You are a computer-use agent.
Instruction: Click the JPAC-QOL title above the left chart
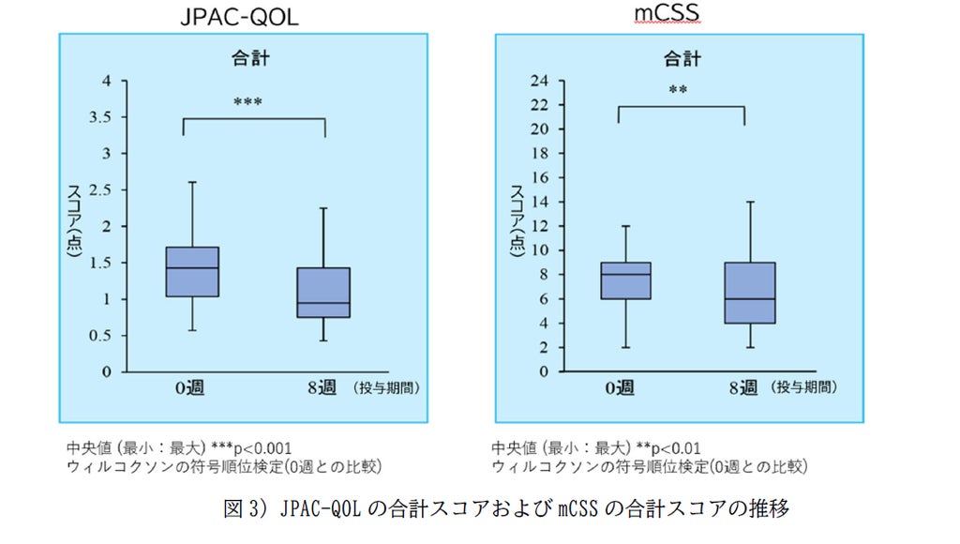pos(239,16)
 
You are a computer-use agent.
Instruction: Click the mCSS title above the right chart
pos(667,12)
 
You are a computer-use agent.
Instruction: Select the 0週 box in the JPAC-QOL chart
pos(192,272)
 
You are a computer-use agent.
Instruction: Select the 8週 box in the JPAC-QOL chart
pos(323,293)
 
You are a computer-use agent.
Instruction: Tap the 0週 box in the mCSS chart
pos(625,280)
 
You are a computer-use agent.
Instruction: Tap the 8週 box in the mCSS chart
pos(750,293)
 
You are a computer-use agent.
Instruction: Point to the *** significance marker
pos(247,101)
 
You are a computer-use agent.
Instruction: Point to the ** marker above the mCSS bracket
pos(678,90)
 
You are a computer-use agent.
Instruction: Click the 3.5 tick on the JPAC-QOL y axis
pos(100,117)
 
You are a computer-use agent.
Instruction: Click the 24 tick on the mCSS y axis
pos(539,81)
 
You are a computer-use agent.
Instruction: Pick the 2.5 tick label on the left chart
pos(100,189)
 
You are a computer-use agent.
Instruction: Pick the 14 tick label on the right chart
pos(539,202)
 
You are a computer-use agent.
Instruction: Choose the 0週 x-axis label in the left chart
pos(189,387)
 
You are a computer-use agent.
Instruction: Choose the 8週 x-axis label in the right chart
pos(743,387)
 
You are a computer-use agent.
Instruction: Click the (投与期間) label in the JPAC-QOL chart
pos(385,387)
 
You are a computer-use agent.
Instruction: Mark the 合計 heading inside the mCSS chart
pos(682,59)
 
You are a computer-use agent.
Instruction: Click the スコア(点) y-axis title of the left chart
pos(74,220)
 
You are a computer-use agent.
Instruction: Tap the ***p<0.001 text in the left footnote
pos(251,447)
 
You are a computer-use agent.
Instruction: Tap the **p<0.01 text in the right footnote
pos(667,447)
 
